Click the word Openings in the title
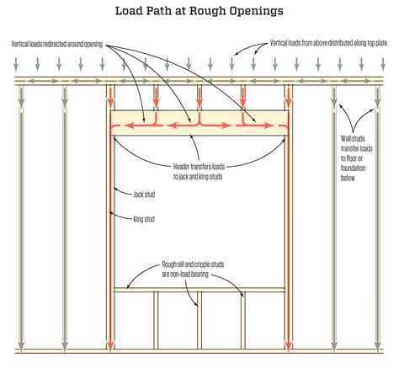tap(256, 11)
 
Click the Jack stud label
tap(144, 195)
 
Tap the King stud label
tap(144, 219)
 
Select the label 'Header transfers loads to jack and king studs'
tap(199, 172)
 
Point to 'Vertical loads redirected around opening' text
tap(57, 44)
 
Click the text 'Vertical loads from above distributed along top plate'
tap(328, 43)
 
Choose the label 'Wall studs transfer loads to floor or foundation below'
tap(356, 158)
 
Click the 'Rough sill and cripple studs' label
tap(193, 264)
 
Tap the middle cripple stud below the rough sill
tap(199, 320)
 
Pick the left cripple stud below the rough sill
tap(156, 320)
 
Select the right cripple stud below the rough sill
tap(243, 320)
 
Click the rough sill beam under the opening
tap(199, 290)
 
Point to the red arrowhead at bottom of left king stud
tap(110, 346)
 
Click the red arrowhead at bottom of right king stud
tap(288, 346)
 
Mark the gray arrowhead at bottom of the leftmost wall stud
tap(21, 346)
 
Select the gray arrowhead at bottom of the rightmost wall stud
tap(378, 346)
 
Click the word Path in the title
tap(165, 11)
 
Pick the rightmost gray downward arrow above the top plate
tap(383, 64)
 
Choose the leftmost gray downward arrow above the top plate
tap(16, 64)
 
